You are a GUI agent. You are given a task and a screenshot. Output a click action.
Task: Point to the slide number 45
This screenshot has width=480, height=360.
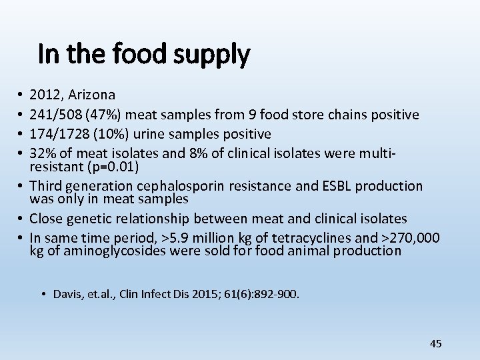(436, 343)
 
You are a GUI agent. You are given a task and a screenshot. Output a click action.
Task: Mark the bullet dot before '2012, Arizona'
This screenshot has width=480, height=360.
(22, 96)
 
